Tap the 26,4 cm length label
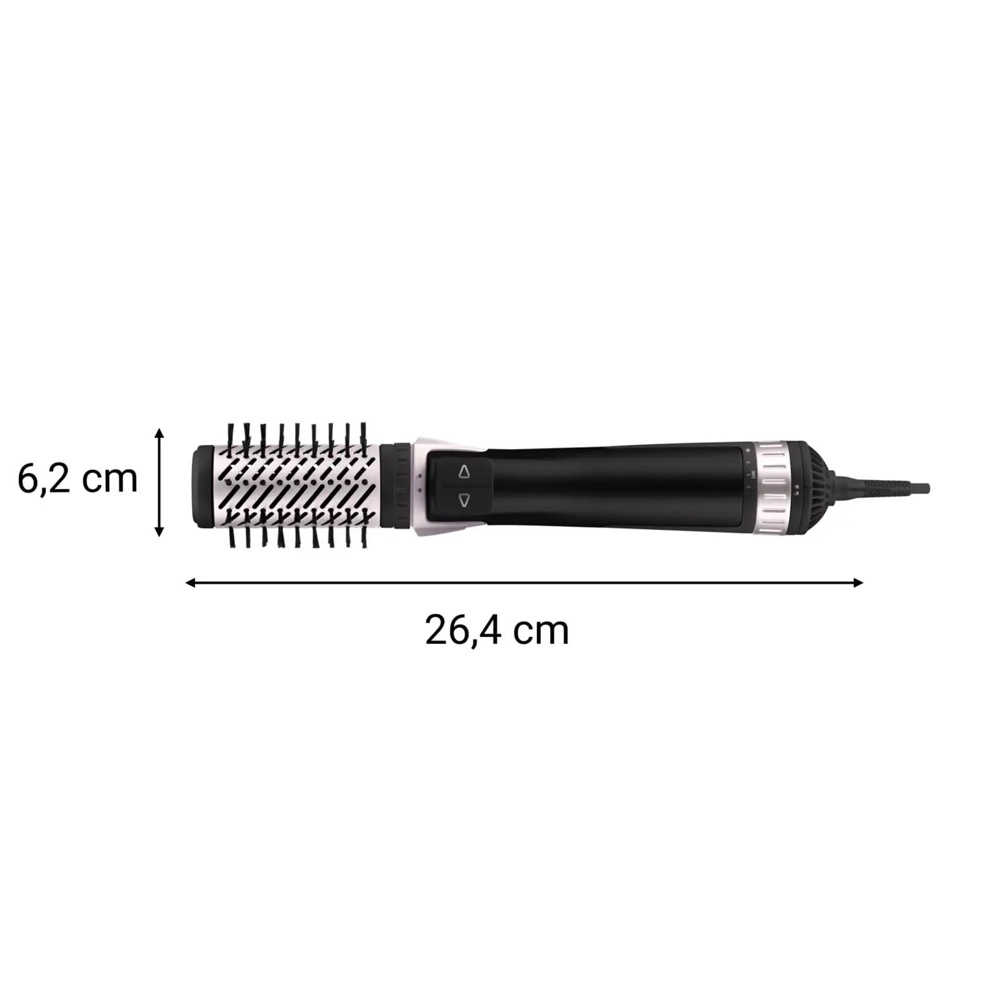pyautogui.click(x=497, y=630)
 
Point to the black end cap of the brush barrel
pyautogui.click(x=202, y=486)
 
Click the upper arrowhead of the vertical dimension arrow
pyautogui.click(x=160, y=433)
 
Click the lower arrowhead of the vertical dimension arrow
pyautogui.click(x=160, y=531)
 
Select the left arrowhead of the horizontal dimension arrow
pyautogui.click(x=190, y=582)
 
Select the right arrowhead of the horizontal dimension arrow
pyautogui.click(x=857, y=582)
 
